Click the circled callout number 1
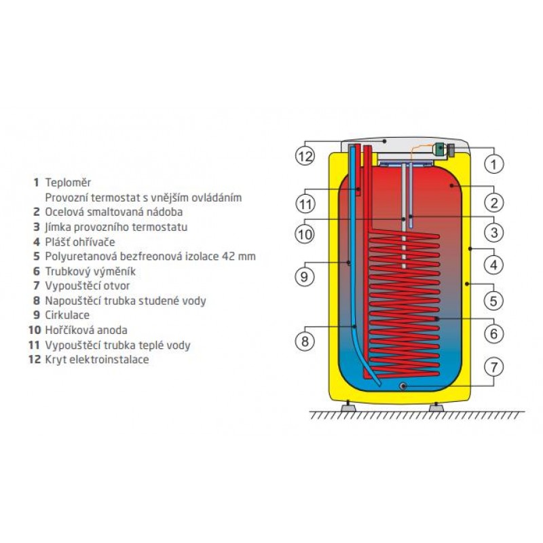pos(494,164)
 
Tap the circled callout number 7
pos(494,367)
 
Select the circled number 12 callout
pos(305,156)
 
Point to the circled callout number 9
pos(304,277)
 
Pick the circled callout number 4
pos(494,265)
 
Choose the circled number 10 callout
pos(305,234)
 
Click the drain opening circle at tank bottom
pos(403,386)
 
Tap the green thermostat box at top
pos(439,149)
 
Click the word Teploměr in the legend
pos(68,183)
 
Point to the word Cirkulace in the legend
pos(67,315)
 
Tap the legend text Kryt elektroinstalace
pos(97,360)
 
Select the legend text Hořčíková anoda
pos(86,330)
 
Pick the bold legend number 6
pos(37,271)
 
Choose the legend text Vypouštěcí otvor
pos(88,286)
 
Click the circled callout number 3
pos(494,232)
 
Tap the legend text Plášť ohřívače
pos(80,242)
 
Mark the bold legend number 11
pos(35,345)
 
